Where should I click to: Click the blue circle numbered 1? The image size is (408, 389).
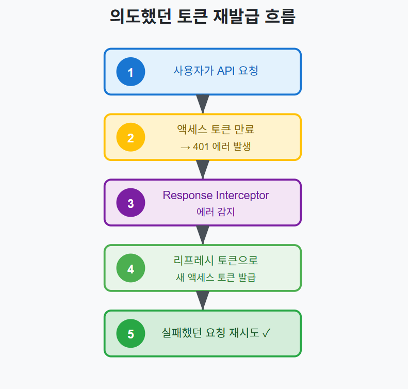(130, 72)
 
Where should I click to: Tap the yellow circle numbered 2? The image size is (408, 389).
(130, 137)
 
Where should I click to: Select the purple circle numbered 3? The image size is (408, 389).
(130, 203)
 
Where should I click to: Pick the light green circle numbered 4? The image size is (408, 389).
(130, 268)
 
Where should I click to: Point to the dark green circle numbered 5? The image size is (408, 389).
(130, 334)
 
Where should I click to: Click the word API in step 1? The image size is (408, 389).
(226, 71)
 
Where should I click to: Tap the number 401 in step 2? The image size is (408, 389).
(201, 147)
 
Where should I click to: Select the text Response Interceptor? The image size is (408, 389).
(216, 196)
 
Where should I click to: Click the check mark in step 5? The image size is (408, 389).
(266, 333)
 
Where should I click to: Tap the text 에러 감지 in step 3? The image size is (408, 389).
(216, 212)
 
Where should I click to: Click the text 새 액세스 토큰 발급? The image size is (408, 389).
(216, 278)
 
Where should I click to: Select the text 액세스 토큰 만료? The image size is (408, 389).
(216, 129)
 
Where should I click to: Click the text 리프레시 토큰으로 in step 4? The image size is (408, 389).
(216, 261)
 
